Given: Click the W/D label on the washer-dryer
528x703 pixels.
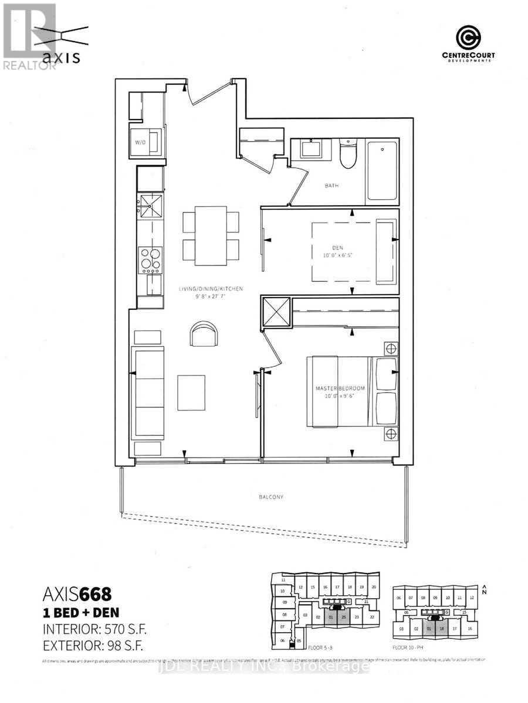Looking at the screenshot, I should click(x=140, y=141).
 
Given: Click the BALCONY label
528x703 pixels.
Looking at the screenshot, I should click(x=272, y=497).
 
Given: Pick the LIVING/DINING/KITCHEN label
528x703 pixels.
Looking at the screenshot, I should click(x=211, y=289).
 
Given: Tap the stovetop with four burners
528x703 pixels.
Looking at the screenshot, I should click(x=150, y=260).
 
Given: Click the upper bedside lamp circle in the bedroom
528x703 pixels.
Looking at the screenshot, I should click(x=391, y=349).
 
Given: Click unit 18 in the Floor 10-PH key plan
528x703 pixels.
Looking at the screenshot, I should click(x=442, y=629).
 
